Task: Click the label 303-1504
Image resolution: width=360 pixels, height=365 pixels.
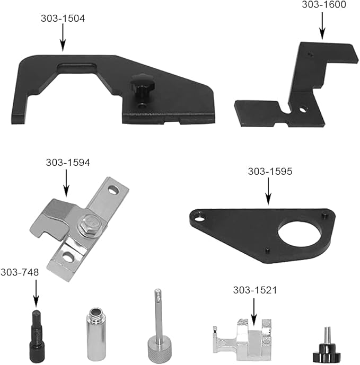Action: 63,18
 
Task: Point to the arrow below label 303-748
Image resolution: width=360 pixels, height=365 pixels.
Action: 36,293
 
